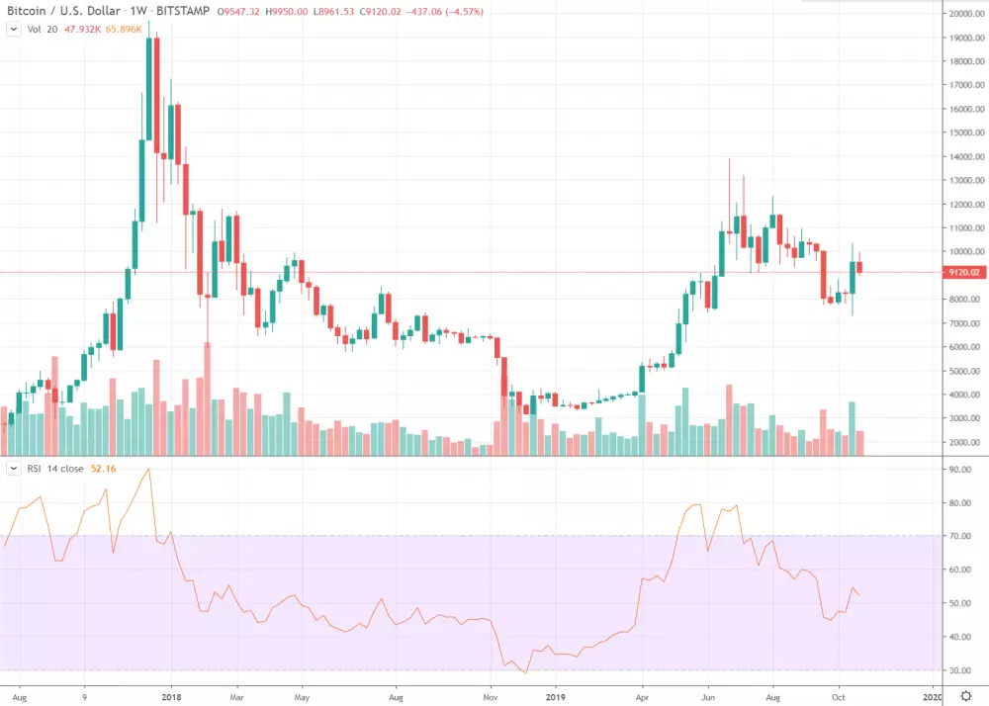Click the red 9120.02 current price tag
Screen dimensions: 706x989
pyautogui.click(x=963, y=272)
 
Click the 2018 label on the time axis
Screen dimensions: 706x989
pyautogui.click(x=171, y=695)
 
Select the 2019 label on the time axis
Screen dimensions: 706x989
pyautogui.click(x=556, y=695)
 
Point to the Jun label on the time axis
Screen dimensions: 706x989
pyautogui.click(x=708, y=695)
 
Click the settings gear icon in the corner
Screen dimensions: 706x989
pyautogui.click(x=966, y=695)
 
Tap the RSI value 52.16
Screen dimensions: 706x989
pyautogui.click(x=102, y=468)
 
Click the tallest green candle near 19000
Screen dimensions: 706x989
pyautogui.click(x=150, y=89)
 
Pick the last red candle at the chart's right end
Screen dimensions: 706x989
pyautogui.click(x=860, y=267)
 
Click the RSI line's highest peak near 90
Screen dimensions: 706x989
pyautogui.click(x=148, y=470)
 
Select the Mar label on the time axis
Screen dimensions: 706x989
pyautogui.click(x=236, y=695)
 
